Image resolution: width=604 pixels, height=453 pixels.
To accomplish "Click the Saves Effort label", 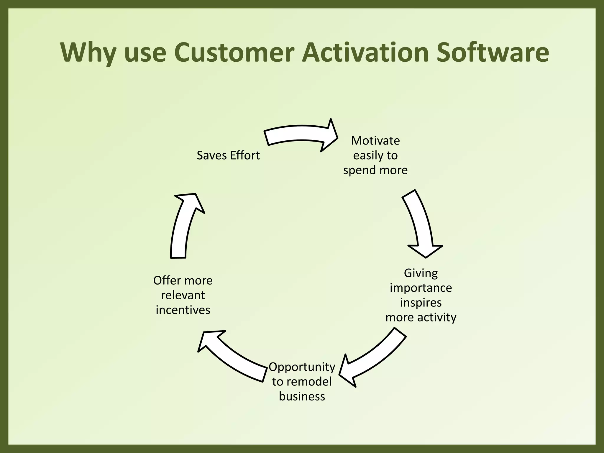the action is [x=228, y=155].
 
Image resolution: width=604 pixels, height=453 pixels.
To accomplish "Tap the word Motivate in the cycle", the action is [x=375, y=141].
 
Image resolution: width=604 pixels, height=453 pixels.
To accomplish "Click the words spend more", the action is [x=375, y=170].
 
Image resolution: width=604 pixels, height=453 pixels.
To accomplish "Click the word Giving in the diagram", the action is [x=421, y=273].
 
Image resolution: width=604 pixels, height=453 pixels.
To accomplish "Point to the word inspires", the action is [x=421, y=303].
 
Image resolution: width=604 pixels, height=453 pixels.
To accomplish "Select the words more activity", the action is [x=421, y=317].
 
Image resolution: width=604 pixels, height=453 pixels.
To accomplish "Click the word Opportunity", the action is [x=302, y=367].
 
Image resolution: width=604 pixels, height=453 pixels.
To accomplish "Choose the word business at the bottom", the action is [x=302, y=396].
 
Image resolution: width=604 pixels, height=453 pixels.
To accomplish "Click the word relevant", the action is [x=183, y=295].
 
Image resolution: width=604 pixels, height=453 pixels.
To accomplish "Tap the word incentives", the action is [x=183, y=310].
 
